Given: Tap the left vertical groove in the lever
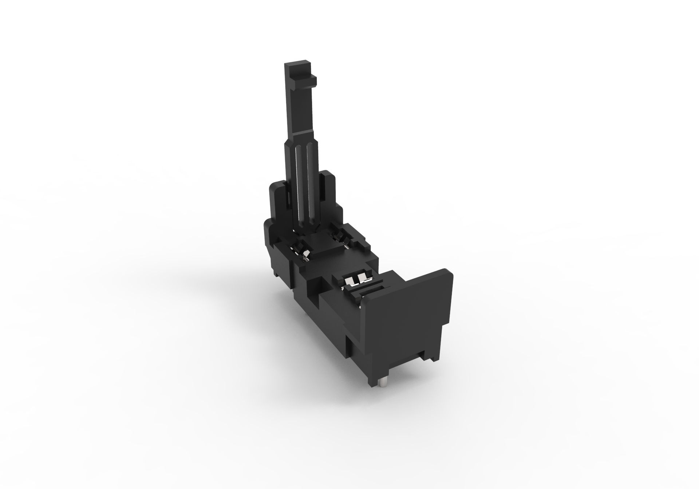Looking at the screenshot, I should tap(299, 189).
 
